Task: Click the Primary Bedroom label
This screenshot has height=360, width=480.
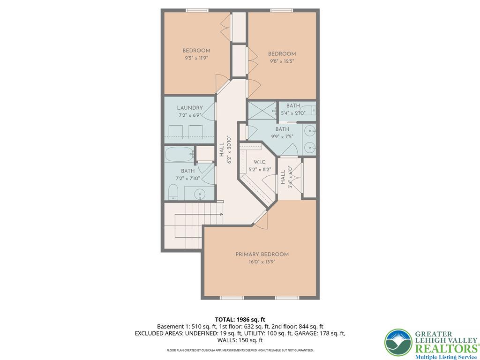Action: click(x=262, y=255)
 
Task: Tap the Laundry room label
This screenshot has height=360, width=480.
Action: click(x=190, y=108)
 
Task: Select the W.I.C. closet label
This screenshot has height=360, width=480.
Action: click(x=260, y=162)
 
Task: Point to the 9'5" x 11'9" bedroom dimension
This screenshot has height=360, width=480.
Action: click(x=196, y=58)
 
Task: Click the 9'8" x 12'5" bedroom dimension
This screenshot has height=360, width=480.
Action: click(x=282, y=61)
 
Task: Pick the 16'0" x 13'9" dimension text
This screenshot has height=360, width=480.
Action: click(x=262, y=262)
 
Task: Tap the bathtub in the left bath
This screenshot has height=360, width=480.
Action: click(x=180, y=154)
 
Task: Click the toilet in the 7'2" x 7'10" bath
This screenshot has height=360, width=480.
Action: click(x=173, y=192)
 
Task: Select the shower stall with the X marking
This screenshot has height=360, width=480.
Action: click(x=262, y=111)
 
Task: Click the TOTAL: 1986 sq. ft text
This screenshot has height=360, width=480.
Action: click(x=240, y=320)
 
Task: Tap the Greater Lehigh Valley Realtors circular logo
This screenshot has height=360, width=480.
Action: click(x=398, y=343)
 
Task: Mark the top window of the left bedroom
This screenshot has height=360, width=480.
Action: click(x=197, y=10)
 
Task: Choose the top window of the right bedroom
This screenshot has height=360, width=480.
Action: click(x=282, y=10)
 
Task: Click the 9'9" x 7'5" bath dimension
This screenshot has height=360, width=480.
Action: click(x=282, y=136)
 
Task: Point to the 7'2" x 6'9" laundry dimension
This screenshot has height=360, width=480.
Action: click(x=190, y=115)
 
